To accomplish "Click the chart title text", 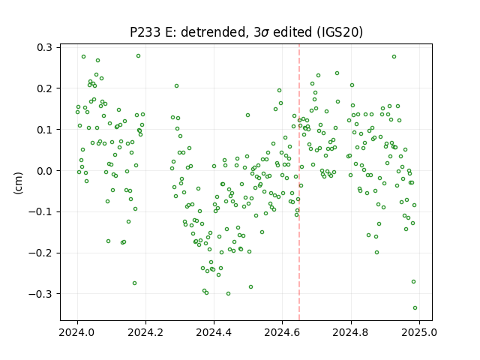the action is click(x=246, y=32).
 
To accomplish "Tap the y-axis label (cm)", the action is click(x=18, y=183).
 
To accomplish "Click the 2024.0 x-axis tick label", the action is click(x=77, y=332).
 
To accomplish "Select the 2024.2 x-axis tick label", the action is click(x=145, y=332).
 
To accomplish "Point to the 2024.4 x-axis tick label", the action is click(x=214, y=332).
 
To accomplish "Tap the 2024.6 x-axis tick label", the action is click(x=282, y=332).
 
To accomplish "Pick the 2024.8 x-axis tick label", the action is click(x=351, y=332).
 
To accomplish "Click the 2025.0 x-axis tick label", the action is click(x=419, y=332).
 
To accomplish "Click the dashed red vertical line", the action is click(x=299, y=182).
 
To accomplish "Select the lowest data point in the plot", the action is click(x=415, y=308).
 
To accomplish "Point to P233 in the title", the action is click(x=145, y=32).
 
